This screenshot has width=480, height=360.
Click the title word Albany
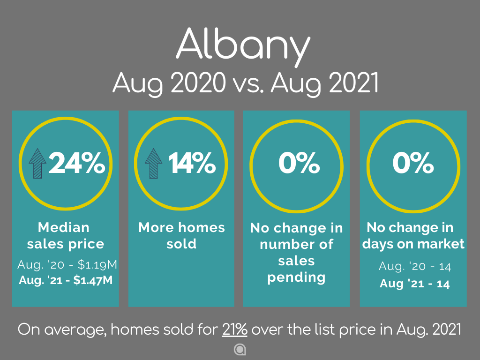pos(243,46)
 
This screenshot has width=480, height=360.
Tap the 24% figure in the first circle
pos(76,163)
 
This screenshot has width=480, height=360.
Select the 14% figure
pos(192,163)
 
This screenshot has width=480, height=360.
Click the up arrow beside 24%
pos(37,164)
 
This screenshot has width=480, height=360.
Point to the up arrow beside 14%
pos(153,164)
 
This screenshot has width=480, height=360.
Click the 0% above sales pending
pos(299,163)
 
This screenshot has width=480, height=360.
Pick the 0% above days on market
pos(413,163)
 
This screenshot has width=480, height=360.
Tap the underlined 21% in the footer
pos(234,330)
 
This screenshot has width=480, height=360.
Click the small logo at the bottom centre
pos(240,350)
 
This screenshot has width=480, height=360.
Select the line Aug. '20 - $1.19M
pos(67,264)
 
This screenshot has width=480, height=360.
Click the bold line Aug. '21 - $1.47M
pos(66,280)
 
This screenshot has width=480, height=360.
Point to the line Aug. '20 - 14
pos(415,266)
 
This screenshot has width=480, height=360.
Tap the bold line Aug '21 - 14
pos(414,284)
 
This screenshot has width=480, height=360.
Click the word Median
pos(64,227)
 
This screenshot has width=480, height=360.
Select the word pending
pos(296,278)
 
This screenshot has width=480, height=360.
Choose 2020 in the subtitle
pos(198,82)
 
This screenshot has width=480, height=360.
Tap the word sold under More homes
pos(181,244)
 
